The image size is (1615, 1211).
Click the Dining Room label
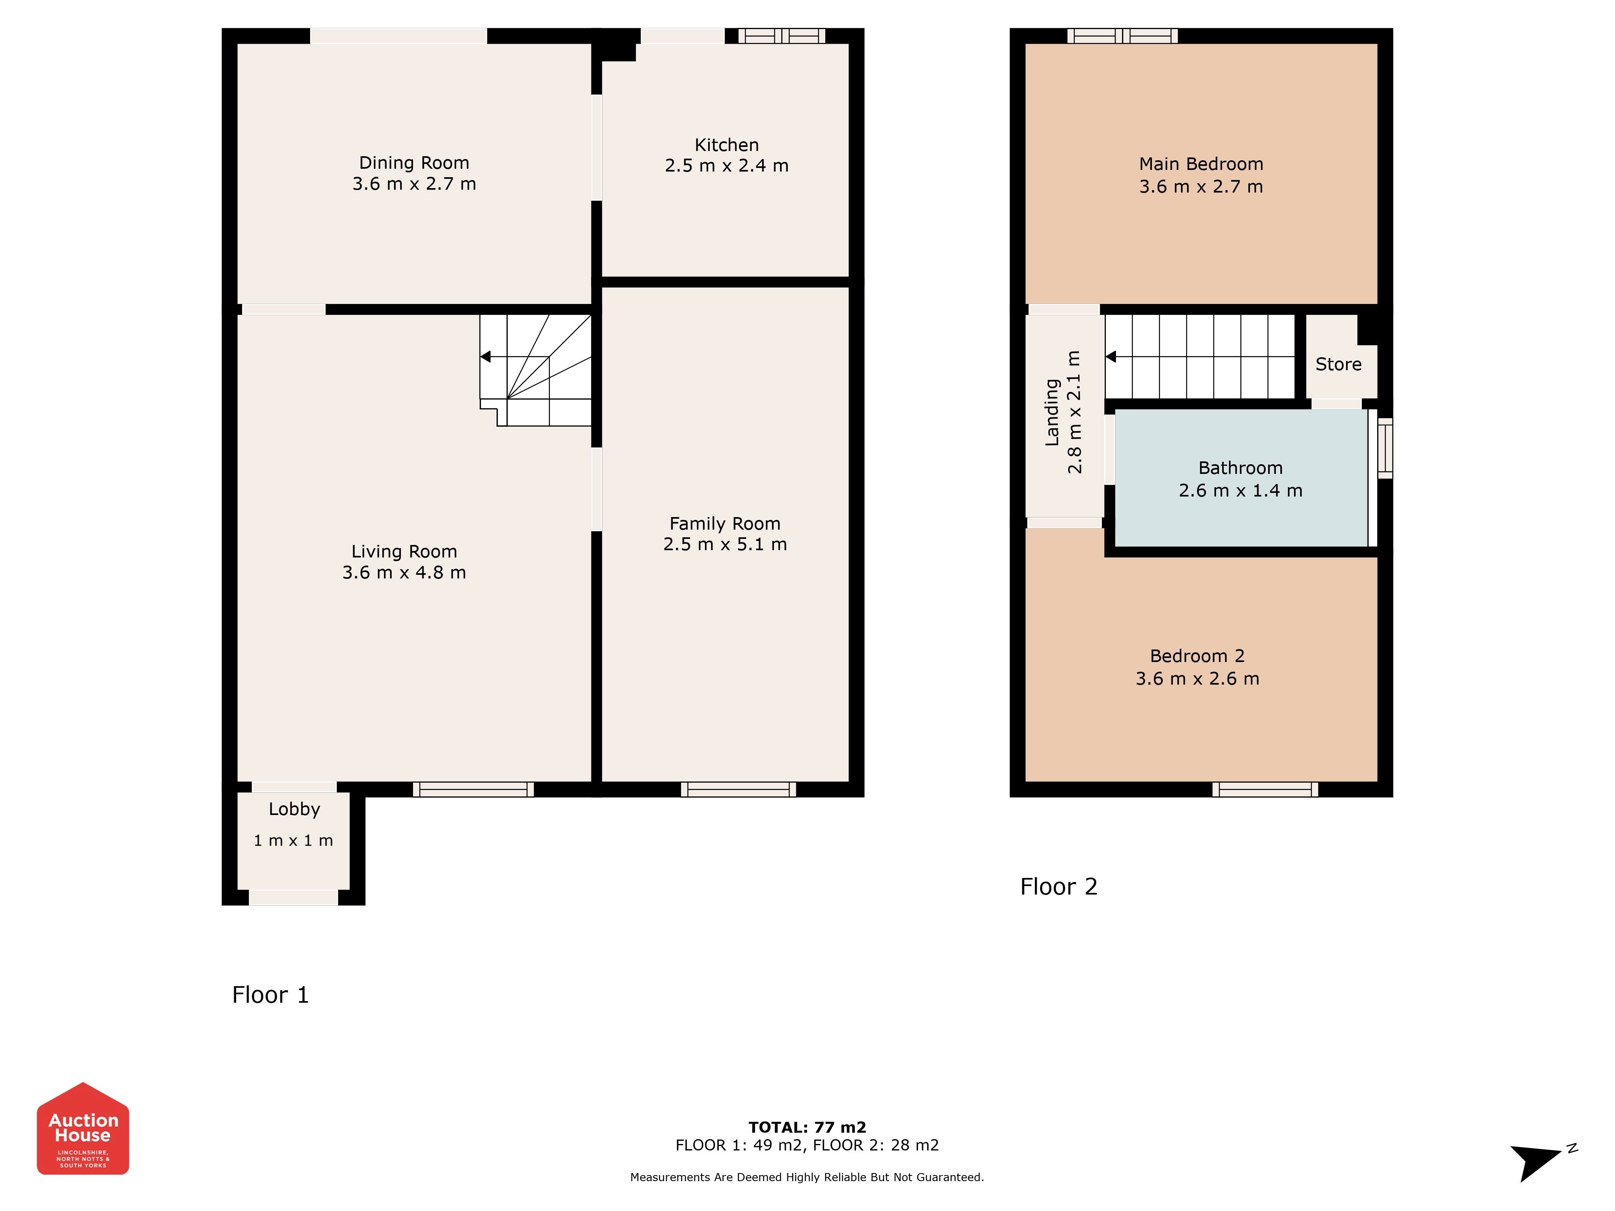[x=414, y=163]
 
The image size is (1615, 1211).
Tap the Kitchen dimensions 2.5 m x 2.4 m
[x=726, y=166]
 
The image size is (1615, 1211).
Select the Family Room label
[x=725, y=524]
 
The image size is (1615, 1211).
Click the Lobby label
[x=294, y=809]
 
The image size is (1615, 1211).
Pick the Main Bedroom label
[x=1201, y=164]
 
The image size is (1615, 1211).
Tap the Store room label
[x=1338, y=364]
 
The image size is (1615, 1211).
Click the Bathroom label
[x=1240, y=468]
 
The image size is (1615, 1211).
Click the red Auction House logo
[x=83, y=1129]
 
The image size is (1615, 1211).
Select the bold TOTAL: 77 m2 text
[x=807, y=1127]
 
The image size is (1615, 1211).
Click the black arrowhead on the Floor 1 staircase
[x=485, y=356]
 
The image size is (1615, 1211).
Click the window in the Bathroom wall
[x=1385, y=448]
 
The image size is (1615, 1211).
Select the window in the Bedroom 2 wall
[x=1265, y=789]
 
